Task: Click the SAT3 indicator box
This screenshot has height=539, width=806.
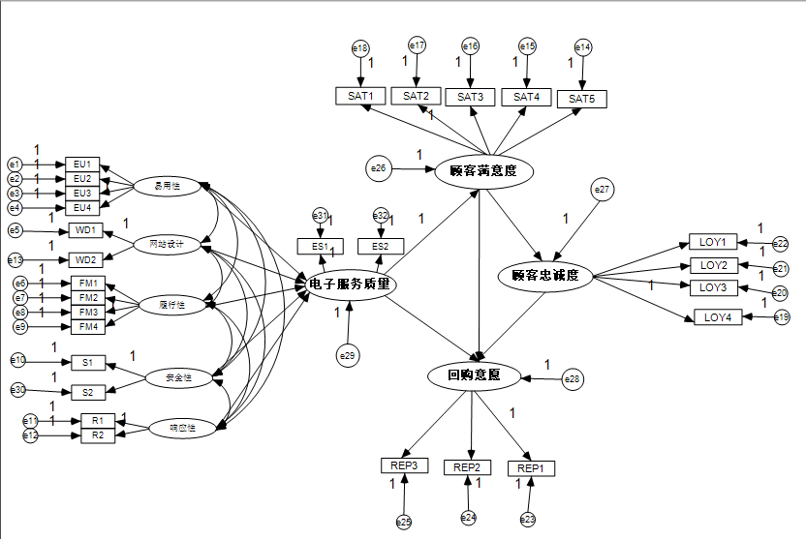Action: coord(470,96)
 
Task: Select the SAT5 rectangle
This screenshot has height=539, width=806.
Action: coord(581,99)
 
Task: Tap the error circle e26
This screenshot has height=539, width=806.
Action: coord(378,168)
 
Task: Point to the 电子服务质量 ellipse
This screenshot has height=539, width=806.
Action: coord(349,284)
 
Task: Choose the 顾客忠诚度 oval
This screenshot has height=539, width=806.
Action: coord(544,276)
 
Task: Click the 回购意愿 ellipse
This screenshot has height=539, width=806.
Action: coord(474,374)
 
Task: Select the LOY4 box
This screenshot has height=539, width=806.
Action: coord(718,316)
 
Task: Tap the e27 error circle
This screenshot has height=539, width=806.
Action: coord(603,190)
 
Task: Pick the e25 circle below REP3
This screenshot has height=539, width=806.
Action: coord(403,522)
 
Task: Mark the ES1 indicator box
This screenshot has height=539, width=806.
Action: coord(321,247)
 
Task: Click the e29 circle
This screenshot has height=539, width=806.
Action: coord(348,356)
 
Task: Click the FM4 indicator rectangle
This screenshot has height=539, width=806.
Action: coord(88,327)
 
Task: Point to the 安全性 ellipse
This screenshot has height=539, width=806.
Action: coord(179,378)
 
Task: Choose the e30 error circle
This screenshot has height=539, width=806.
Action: coord(17,390)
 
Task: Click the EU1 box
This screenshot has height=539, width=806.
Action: coord(81,165)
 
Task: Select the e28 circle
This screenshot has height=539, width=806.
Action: coord(573,379)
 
